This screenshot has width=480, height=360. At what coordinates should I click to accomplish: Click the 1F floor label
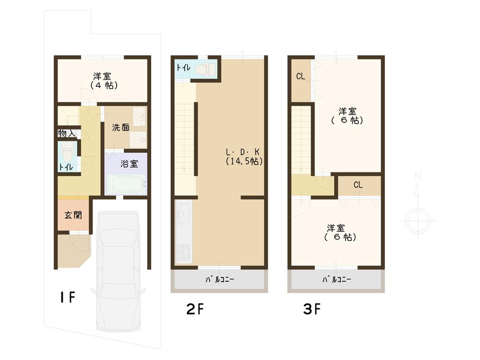click(x=67, y=297)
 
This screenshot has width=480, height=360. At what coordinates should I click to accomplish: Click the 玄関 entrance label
click(x=73, y=215)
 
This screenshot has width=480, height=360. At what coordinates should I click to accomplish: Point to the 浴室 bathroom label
click(x=129, y=164)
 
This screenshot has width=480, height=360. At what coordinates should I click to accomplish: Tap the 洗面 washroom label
click(x=120, y=128)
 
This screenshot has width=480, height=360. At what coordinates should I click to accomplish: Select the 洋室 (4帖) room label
click(x=104, y=80)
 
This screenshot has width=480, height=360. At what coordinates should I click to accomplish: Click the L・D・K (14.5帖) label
click(x=244, y=156)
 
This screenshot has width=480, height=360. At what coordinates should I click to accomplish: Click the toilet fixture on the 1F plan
click(x=68, y=153)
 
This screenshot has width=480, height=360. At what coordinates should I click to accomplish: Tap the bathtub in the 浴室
click(x=125, y=185)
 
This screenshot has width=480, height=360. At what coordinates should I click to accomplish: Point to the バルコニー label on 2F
click(x=219, y=279)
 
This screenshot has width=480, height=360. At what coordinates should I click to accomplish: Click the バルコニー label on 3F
click(x=336, y=279)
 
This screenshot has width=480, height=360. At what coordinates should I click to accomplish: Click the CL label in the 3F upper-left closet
click(x=301, y=76)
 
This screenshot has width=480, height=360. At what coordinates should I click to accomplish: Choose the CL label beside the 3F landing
click(x=358, y=185)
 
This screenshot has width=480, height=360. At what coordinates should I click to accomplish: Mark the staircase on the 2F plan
click(x=185, y=139)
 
